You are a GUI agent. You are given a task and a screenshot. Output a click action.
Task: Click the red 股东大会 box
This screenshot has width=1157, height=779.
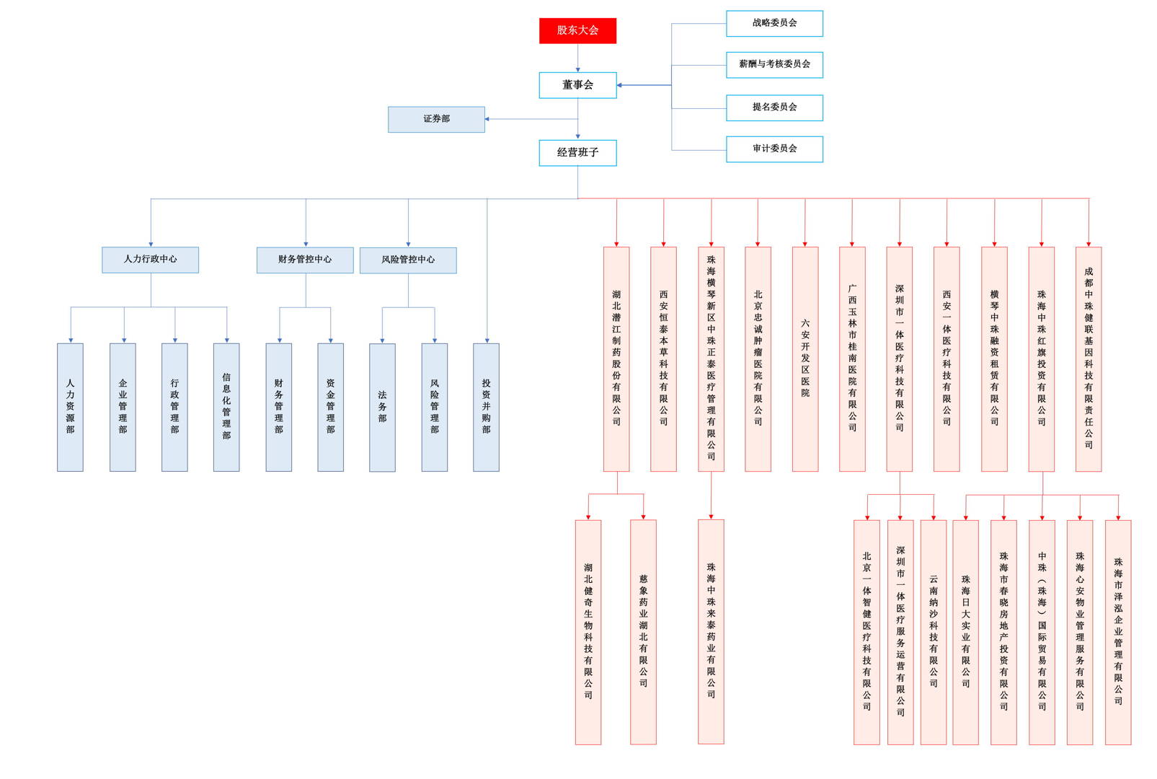coord(577,30)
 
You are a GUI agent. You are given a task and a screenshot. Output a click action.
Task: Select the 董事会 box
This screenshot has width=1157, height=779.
coord(577,85)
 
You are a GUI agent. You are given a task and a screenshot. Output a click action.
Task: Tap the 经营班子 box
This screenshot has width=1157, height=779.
coord(577,153)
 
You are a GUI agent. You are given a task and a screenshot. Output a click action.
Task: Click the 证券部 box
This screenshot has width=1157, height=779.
coord(436,120)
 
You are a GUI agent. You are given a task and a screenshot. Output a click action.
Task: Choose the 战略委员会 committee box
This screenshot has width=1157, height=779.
coord(774,23)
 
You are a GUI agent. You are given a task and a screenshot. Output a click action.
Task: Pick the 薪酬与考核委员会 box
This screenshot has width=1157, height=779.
coord(774,65)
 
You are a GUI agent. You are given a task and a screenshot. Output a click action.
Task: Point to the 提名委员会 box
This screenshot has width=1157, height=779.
coord(774,107)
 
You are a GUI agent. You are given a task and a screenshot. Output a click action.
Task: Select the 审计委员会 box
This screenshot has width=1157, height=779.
coord(774,149)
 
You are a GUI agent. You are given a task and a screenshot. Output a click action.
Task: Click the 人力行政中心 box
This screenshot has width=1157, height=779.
coord(150,260)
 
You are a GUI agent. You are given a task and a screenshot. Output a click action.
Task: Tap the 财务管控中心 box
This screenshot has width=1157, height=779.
coord(305,260)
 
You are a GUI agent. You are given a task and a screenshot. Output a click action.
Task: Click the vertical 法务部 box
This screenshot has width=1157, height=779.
coord(382,408)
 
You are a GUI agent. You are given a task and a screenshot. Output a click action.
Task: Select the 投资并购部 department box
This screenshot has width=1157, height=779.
coord(486,408)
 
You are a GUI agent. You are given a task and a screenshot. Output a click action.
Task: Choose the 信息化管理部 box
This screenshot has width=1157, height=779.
coord(226,408)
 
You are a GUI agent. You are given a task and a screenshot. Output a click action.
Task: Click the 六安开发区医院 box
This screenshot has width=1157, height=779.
coord(805,359)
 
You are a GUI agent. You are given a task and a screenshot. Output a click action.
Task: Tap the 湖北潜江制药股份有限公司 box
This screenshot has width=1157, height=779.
coord(616,359)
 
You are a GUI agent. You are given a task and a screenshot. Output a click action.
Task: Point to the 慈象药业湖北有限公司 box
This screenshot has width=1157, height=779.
coord(643,632)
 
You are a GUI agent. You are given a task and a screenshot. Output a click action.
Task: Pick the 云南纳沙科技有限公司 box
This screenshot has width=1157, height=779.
coord(934,632)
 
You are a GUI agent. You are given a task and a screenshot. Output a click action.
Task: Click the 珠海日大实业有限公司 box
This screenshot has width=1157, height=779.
coord(965,632)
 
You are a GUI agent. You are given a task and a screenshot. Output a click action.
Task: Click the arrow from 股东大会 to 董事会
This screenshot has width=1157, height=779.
coord(577,58)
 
